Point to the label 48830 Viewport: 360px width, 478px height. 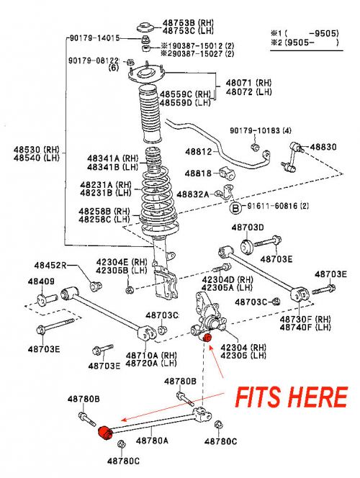(x=323, y=147)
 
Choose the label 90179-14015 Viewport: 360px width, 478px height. (x=94, y=37)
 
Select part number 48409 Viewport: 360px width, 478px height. (x=41, y=281)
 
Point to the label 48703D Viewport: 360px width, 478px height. (x=248, y=227)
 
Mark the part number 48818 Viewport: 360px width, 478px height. (x=197, y=173)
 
